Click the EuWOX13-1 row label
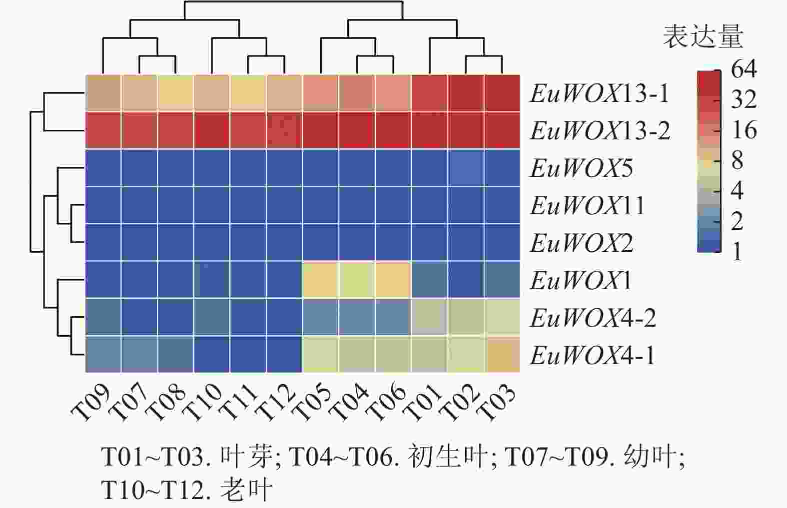coord(599,93)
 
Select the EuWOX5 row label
coord(581,168)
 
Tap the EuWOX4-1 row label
coord(592,356)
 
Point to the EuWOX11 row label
coord(588,206)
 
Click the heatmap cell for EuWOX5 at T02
coord(466,168)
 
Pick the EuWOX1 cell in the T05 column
coord(321,280)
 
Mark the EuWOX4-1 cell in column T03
coord(502,355)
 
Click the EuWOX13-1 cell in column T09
coord(103,93)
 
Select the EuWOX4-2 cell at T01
coord(429,317)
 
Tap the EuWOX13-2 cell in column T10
coord(212,130)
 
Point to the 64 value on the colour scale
coord(744,69)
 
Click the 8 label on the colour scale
coord(737,160)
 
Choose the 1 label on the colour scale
coord(737,252)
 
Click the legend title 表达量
coord(703,36)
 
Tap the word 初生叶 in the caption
coord(447,456)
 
